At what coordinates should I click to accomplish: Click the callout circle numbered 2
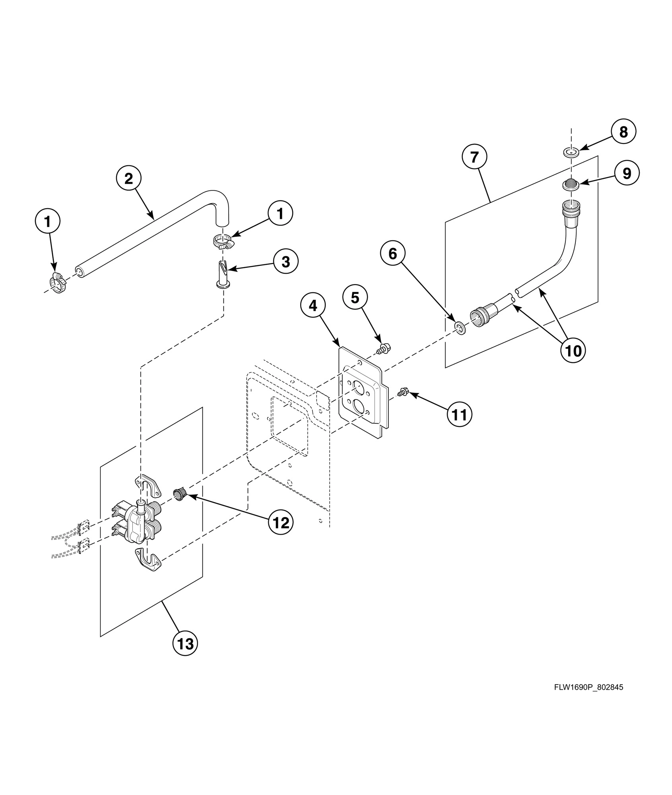pyautogui.click(x=128, y=179)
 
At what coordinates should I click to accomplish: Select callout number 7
pyautogui.click(x=474, y=157)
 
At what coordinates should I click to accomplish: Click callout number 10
pyautogui.click(x=573, y=350)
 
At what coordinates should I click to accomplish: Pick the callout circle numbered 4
pyautogui.click(x=313, y=305)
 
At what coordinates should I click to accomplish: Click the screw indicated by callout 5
pyautogui.click(x=384, y=349)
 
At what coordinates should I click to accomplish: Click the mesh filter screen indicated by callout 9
pyautogui.click(x=571, y=184)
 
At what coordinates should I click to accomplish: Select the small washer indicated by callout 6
pyautogui.click(x=460, y=328)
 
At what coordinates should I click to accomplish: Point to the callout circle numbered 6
pyautogui.click(x=392, y=253)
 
